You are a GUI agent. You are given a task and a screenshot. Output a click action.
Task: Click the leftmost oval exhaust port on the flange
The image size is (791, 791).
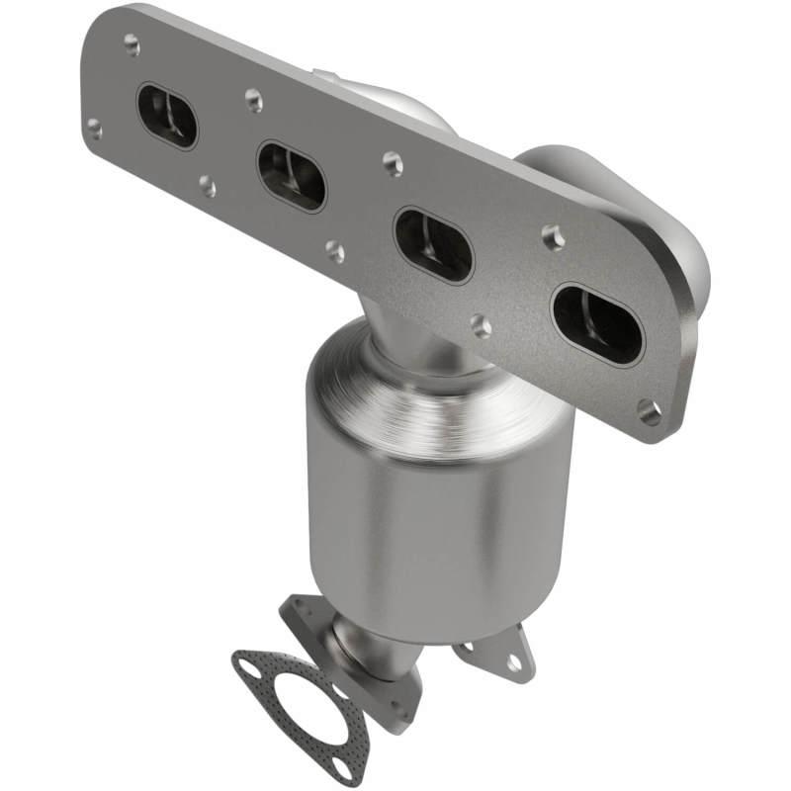coord(166,116)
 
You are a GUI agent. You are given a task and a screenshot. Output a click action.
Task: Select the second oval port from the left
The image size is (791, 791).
coord(292,175)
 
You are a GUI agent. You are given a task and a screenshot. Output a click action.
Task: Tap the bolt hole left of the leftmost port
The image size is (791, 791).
coord(95,128)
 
